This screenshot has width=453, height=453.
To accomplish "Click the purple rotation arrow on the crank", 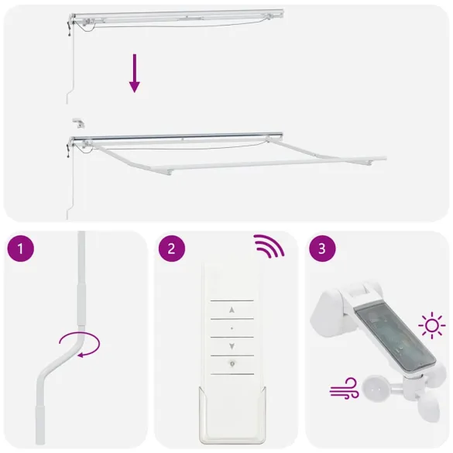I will tap(80, 343).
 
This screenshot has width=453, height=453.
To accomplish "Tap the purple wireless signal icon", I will tap(268, 248).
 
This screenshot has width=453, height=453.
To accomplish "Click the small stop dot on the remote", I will tap(232, 328).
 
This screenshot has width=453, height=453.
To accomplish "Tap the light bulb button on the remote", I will tap(232, 364).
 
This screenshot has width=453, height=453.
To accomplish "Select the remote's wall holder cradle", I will tap(232, 418).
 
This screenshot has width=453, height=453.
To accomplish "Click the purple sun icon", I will tap(431, 324).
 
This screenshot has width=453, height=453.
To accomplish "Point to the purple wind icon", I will tap(342, 386).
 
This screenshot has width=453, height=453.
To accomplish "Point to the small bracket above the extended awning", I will tap(77, 122).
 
